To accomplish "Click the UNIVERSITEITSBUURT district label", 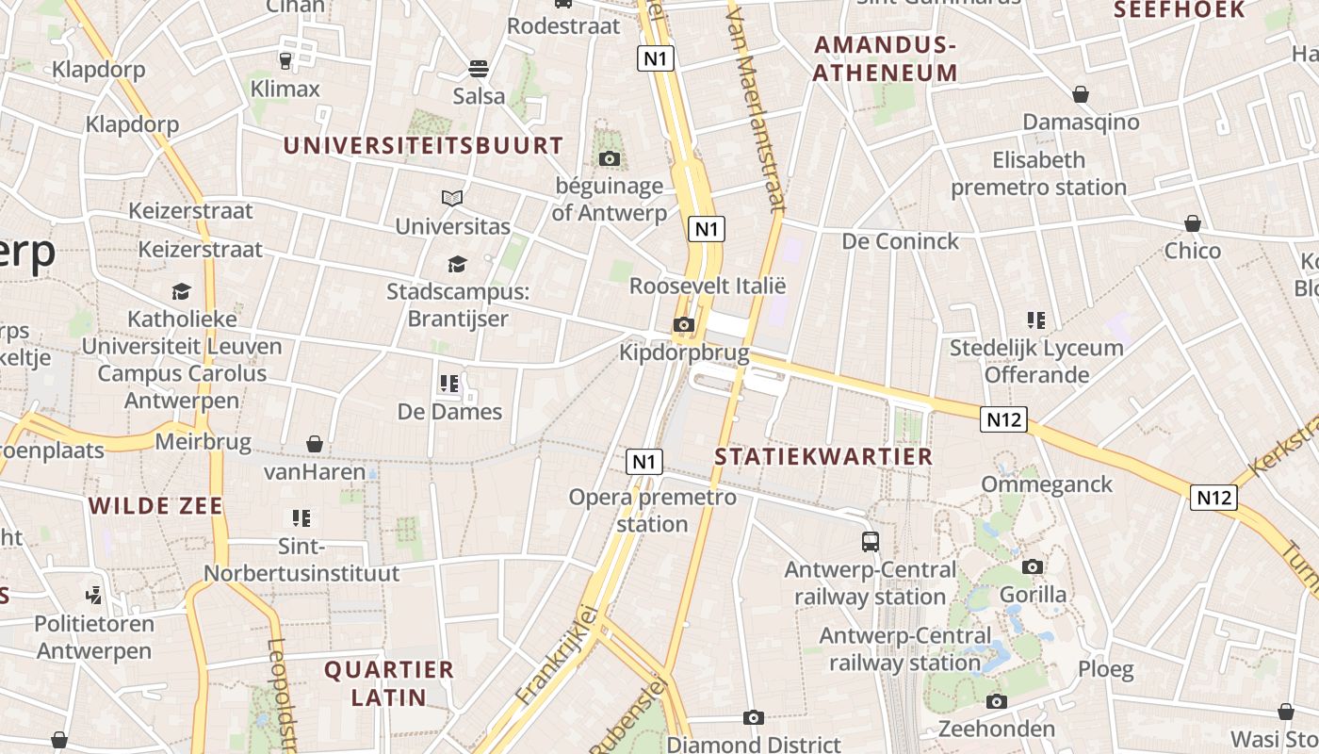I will point(423,145).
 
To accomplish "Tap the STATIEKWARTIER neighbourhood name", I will point(823,457).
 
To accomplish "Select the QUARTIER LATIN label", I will point(389,683).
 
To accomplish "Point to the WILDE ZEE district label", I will point(156,506).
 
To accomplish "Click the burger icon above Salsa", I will point(479,69).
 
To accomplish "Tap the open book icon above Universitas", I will point(452,198).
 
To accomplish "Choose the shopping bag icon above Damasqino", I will point(1081,94).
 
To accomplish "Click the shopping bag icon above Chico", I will point(1193,223).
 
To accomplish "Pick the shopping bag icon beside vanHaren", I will point(315,444).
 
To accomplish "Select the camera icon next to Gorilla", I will point(1033,566).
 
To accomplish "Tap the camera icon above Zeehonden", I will point(997,701).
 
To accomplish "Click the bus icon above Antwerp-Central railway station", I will point(871,542).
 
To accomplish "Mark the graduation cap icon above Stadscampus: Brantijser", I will point(457,264).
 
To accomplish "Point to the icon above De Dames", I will point(448,384).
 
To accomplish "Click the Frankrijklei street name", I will point(558,654).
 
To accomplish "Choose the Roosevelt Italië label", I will point(707,286).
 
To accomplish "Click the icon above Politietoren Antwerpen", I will point(93,595).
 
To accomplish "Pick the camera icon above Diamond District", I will point(753,718).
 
